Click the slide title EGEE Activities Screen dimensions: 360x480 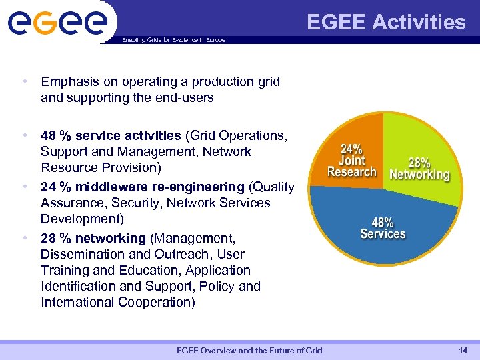pos(386,23)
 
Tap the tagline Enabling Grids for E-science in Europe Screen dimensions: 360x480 pos(173,40)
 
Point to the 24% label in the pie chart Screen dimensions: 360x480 pos(352,148)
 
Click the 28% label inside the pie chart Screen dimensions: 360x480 pos(419,163)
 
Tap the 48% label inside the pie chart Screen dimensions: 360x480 pos(383,222)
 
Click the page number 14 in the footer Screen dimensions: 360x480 pos(463,351)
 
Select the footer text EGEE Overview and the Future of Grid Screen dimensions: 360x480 pos(249,351)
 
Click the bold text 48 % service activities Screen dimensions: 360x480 pos(111,136)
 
